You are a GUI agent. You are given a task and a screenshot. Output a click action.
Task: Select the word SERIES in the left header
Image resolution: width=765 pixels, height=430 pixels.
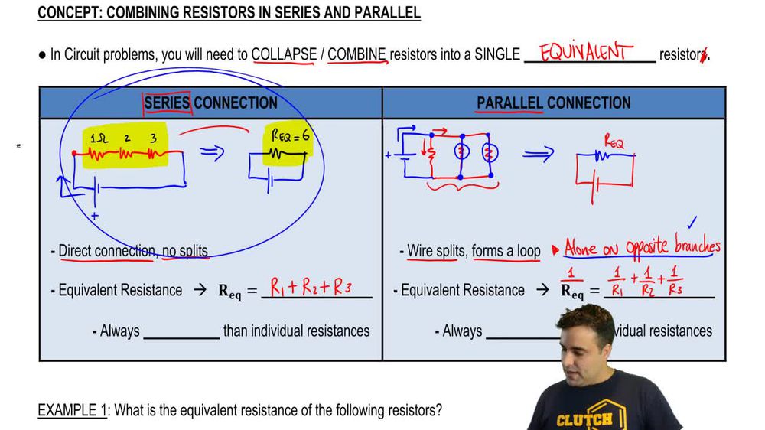click(167, 103)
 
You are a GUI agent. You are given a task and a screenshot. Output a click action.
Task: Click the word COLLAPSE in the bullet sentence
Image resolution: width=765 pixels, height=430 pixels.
click(284, 55)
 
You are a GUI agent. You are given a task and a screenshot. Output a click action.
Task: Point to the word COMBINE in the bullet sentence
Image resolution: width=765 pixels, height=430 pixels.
click(357, 55)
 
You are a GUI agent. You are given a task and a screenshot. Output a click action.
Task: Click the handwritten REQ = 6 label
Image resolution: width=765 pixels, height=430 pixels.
click(290, 137)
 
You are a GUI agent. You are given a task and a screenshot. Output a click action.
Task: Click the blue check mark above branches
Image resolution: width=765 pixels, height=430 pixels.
click(692, 223)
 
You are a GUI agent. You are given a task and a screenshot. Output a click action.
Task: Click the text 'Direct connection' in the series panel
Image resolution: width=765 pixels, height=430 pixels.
click(106, 251)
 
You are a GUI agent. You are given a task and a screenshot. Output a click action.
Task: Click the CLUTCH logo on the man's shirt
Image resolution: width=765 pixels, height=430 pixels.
click(584, 419)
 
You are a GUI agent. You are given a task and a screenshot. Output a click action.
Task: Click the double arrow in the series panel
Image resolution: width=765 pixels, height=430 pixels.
click(212, 153)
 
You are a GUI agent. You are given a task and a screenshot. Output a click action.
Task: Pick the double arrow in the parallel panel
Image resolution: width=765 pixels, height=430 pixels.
click(538, 155)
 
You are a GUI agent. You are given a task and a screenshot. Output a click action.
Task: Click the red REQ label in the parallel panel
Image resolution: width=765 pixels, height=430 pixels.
click(614, 142)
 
